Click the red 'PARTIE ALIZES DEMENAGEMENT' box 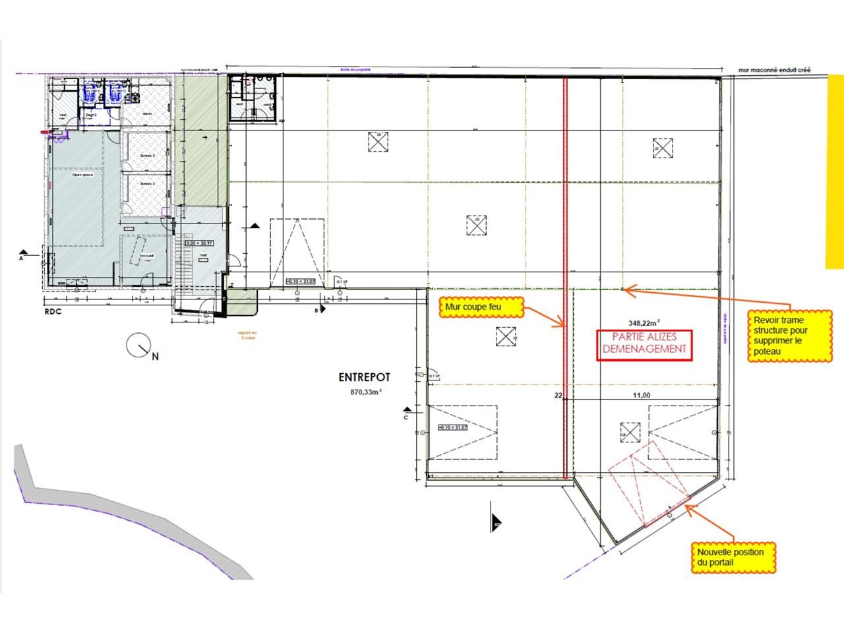(644, 344)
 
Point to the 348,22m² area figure (643, 323)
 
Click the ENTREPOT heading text (364, 378)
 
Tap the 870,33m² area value (366, 392)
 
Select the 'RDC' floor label (53, 311)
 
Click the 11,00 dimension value (642, 395)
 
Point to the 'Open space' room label (82, 175)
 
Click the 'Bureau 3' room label (147, 155)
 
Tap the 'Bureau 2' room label (147, 183)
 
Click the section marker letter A (22, 259)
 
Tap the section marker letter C (406, 417)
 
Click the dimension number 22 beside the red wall (558, 396)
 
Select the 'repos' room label (147, 113)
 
